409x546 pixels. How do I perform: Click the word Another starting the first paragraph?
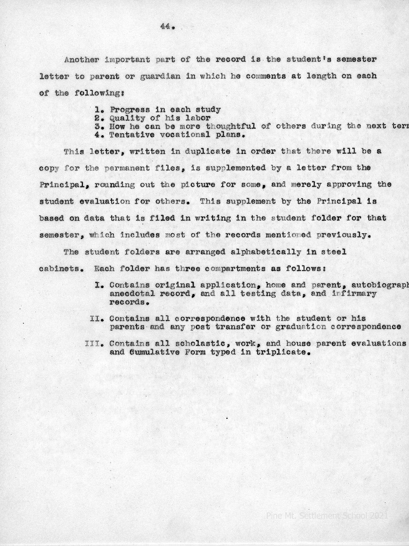(82, 59)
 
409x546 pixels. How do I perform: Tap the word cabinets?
(60, 268)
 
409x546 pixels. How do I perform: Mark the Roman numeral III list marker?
(92, 344)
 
